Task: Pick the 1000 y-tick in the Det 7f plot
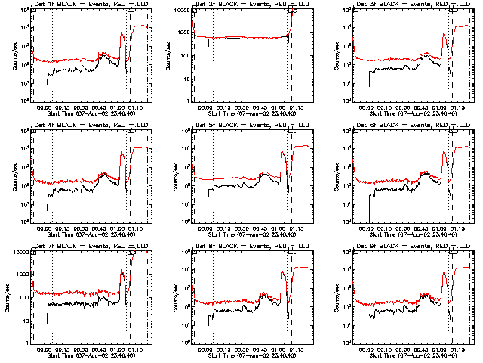21,274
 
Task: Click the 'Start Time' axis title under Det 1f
91,113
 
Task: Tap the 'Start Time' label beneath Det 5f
252,234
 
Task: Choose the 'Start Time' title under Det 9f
414,355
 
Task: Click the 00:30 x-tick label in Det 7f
82,349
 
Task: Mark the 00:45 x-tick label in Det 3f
422,107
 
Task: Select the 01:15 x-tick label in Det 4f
135,228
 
